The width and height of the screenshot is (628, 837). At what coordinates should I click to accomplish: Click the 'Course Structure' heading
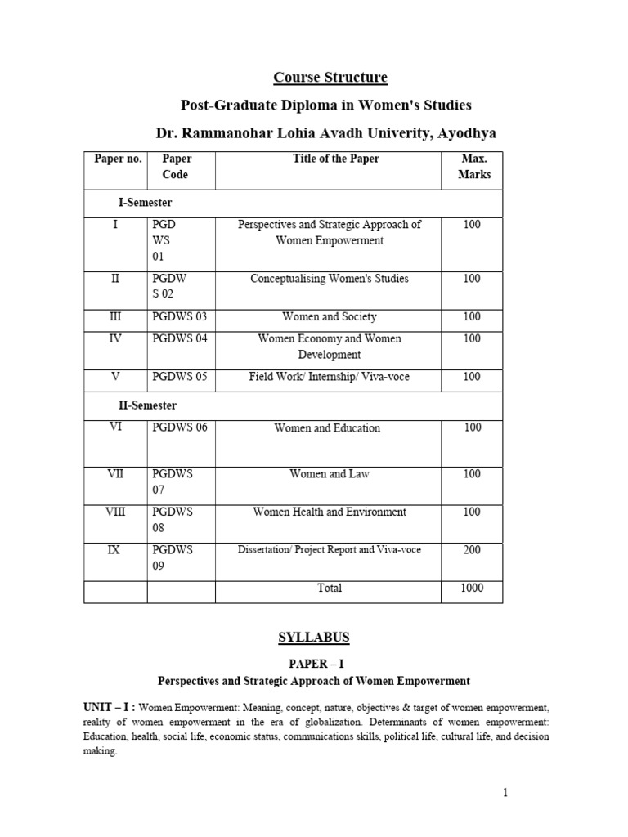point(330,78)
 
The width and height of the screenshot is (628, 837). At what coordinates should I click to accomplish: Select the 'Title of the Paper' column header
point(336,159)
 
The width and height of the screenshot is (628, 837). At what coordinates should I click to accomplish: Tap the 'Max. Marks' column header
point(472,167)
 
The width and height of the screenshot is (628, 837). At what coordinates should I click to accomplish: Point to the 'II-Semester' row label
point(147,405)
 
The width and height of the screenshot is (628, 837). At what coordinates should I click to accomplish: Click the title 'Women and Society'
point(330,316)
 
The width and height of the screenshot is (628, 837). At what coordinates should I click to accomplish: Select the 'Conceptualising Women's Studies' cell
point(330,279)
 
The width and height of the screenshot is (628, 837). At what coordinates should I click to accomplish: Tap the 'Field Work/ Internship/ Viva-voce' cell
point(330,377)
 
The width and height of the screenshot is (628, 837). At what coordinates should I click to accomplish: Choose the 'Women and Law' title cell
point(330,473)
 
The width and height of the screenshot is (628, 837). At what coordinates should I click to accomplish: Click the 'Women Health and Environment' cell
point(330,512)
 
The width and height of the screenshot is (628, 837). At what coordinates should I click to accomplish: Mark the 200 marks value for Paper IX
point(472,550)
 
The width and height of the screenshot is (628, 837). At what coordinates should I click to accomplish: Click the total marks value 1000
point(472,588)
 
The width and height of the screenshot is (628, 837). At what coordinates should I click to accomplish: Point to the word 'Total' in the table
point(330,588)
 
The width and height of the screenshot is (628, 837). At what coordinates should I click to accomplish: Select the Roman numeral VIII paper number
point(115,512)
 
